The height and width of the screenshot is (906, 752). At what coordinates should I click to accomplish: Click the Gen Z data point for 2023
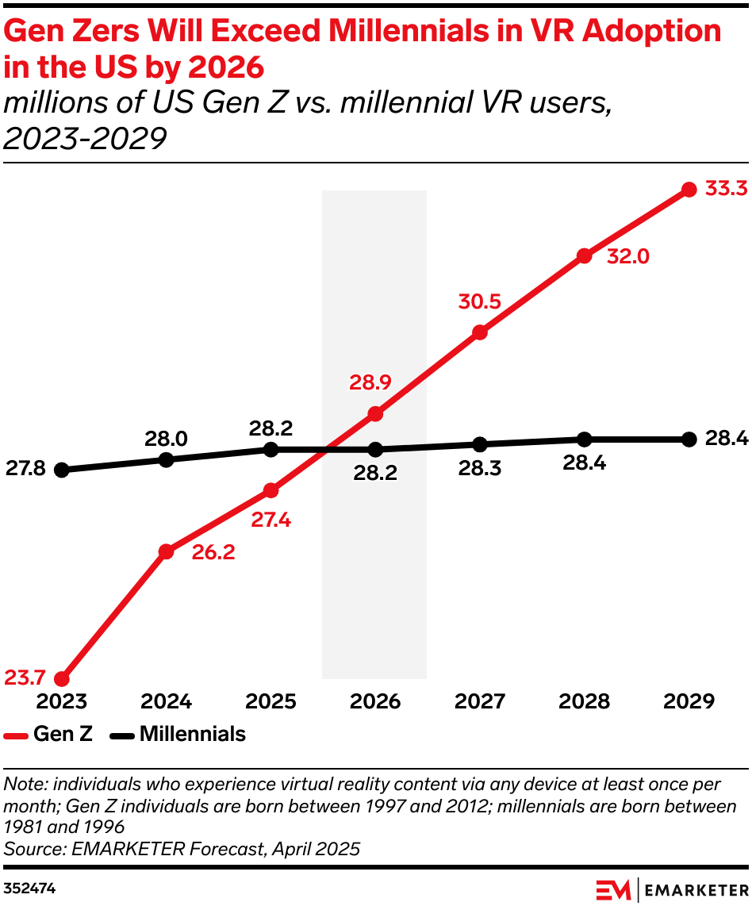click(x=61, y=679)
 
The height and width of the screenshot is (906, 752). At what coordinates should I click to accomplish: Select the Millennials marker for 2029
click(x=689, y=439)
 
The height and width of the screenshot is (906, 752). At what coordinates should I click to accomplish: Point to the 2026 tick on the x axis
click(x=374, y=702)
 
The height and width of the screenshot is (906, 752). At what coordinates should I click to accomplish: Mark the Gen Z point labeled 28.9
click(x=375, y=413)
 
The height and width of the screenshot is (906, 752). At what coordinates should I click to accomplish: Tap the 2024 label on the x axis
click(x=166, y=702)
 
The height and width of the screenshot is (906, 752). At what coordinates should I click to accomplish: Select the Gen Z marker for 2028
click(x=585, y=255)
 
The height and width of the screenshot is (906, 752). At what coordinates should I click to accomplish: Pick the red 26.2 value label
click(x=213, y=553)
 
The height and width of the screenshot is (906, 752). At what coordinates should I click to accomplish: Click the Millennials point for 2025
click(x=270, y=449)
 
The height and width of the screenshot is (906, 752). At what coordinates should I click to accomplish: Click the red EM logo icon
click(x=613, y=889)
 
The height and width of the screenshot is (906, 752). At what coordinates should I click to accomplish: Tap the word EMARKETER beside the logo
click(x=696, y=889)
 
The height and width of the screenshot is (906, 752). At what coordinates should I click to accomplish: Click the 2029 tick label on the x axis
click(x=689, y=702)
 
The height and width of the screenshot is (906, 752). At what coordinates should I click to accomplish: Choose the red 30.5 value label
click(x=480, y=302)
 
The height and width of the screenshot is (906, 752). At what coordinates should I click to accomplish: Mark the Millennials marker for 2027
click(x=479, y=443)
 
